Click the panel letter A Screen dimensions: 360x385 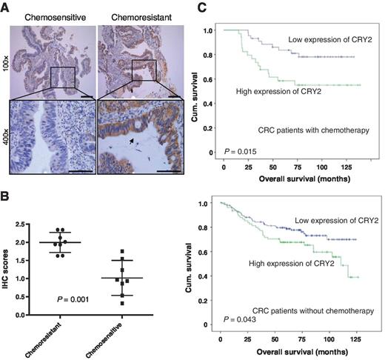pyautogui.click(x=6, y=7)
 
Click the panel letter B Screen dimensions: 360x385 pyautogui.click(x=6, y=198)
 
